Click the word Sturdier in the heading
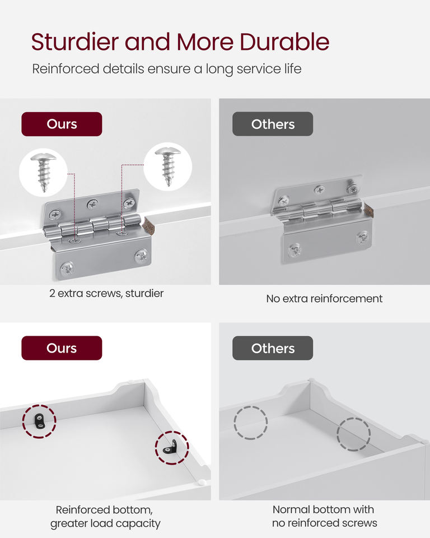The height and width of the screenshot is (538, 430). [75, 42]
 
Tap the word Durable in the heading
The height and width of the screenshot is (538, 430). [284, 42]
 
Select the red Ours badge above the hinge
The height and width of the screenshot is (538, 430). [62, 124]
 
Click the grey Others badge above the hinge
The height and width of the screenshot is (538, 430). [273, 124]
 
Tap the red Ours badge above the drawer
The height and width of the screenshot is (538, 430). [62, 348]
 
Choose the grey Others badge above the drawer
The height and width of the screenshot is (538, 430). [273, 348]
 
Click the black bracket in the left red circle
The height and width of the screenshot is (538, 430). [39, 421]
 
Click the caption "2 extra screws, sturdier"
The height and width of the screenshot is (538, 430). [106, 293]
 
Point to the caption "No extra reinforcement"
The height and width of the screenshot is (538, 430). [324, 299]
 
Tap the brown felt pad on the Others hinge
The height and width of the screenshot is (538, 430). [368, 210]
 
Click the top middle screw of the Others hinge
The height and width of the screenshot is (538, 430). [320, 189]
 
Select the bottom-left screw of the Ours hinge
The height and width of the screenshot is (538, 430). [68, 268]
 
